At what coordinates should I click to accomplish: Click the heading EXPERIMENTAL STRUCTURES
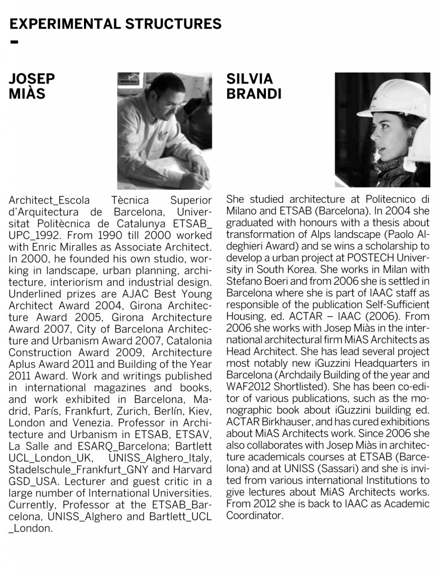pyautogui.click(x=115, y=24)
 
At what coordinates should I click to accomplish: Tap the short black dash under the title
pyautogui.click(x=14, y=43)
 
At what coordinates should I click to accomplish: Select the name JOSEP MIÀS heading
pyautogui.click(x=32, y=86)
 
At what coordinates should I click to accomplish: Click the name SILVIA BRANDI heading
pyautogui.click(x=253, y=86)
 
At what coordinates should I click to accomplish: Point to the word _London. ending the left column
pyautogui.click(x=31, y=528)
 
